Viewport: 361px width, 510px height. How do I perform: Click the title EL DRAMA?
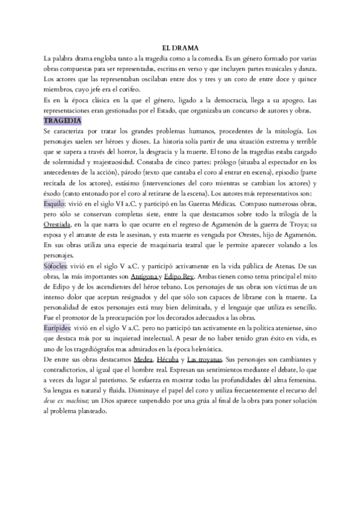[180, 48]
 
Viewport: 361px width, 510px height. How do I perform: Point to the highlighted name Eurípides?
[59, 328]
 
